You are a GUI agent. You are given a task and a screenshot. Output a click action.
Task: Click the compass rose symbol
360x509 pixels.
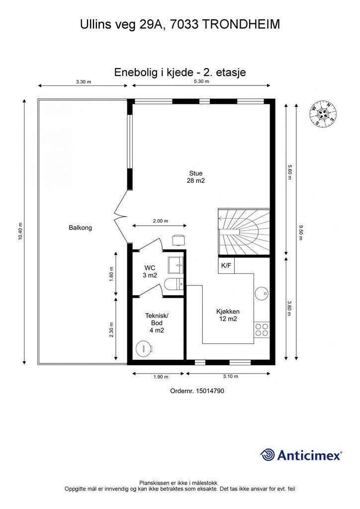(x=323, y=113)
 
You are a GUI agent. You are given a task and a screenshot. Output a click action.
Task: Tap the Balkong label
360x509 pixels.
(x=80, y=228)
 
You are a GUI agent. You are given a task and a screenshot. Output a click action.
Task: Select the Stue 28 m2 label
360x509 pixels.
(x=196, y=177)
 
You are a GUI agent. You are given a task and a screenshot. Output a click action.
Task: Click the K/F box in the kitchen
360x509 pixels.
(x=226, y=265)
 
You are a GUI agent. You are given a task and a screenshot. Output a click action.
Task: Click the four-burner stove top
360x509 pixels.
(x=262, y=330)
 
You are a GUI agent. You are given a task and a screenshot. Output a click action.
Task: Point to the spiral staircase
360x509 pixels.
(x=244, y=231)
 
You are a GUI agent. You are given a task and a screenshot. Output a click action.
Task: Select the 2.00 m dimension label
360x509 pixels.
(x=160, y=221)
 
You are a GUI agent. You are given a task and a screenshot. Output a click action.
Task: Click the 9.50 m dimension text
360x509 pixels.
(x=300, y=232)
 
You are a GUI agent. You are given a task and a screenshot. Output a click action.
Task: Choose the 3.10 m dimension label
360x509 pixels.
(x=229, y=377)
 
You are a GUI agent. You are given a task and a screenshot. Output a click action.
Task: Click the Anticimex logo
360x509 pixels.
(x=301, y=454)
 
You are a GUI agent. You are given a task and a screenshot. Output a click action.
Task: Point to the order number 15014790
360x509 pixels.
(x=197, y=391)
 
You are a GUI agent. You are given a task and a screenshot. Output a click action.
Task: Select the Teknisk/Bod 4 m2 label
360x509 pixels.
(x=157, y=323)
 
